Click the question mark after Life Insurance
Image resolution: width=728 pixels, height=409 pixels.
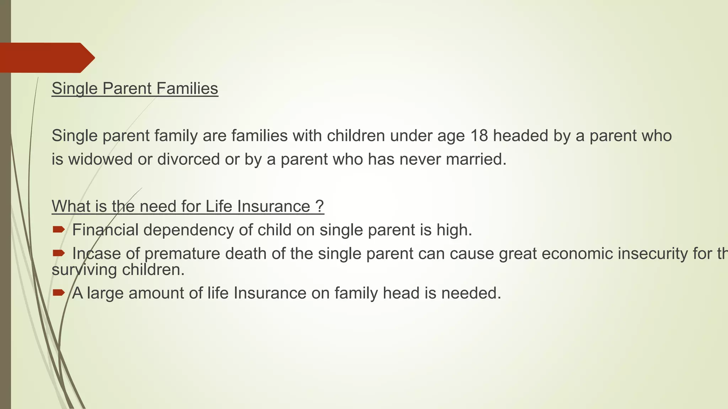320,206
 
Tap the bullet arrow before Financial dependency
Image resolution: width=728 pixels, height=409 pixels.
58,230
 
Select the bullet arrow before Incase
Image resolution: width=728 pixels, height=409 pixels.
58,253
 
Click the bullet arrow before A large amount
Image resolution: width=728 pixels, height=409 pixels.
58,293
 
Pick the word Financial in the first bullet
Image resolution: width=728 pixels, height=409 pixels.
105,230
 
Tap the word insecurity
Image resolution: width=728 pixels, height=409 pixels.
653,254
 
